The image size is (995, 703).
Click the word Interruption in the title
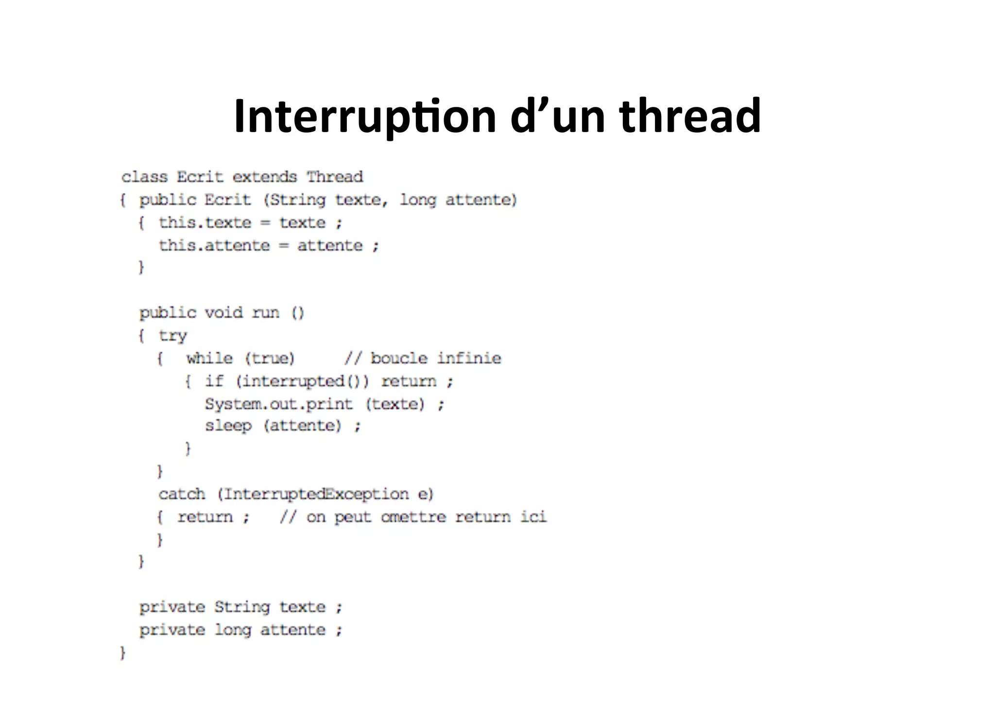coord(364,117)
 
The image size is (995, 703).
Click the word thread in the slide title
coord(689,117)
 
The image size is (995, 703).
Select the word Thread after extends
coord(335,177)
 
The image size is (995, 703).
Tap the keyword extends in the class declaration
coord(264,177)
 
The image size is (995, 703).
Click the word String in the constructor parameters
coord(298,200)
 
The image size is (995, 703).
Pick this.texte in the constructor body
coord(205,223)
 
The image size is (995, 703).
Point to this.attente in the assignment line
coord(214,245)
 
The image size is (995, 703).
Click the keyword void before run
coord(223,312)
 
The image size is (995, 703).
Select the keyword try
coord(172,336)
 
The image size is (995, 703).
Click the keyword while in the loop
coord(209,359)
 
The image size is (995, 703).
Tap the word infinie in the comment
coord(469,359)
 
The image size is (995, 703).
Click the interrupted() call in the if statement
coord(301,381)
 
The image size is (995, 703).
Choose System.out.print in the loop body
coord(278,404)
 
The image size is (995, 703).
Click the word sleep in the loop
coord(228,426)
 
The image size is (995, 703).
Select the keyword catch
coord(182,494)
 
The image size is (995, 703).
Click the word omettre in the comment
coord(413,517)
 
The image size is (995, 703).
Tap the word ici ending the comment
coord(533,517)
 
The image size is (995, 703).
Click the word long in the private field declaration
coord(233,630)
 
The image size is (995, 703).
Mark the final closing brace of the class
coord(123,652)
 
